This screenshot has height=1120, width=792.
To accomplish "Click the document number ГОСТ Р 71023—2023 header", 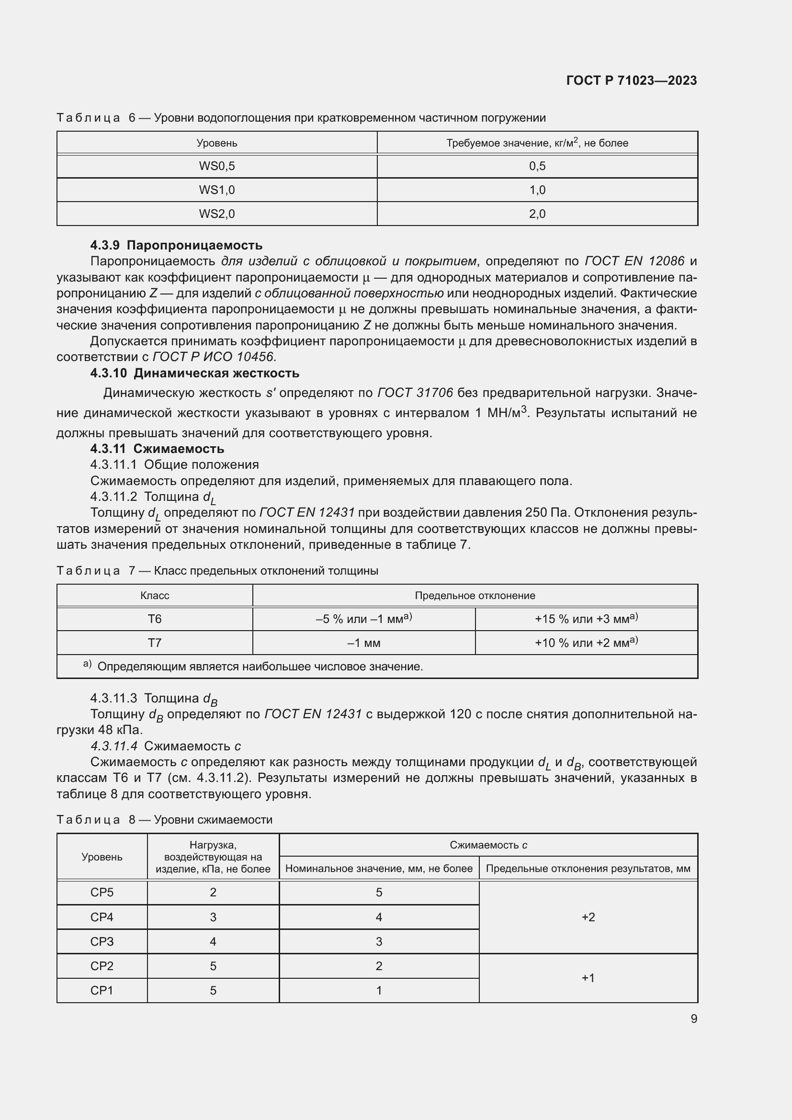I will point(631,80).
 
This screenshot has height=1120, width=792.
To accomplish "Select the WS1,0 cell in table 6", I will point(216,190).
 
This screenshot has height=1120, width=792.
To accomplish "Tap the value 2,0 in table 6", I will point(537,214).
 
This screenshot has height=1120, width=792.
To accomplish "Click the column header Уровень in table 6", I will point(216,143).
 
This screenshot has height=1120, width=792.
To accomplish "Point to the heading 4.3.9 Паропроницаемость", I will point(176,245).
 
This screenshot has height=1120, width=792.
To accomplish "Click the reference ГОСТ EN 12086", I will point(634,261).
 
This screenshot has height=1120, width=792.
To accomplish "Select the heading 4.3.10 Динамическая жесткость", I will point(194,373).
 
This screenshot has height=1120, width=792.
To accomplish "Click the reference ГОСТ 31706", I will point(415,392).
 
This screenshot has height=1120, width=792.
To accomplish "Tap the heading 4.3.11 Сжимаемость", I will point(157,448).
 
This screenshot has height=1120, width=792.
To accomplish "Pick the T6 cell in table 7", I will point(155,619).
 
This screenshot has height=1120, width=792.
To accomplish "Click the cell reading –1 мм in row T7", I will point(363,643).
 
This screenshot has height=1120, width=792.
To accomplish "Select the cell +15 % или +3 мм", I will point(586,619).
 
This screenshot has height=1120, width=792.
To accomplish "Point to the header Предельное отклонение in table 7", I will point(475,595).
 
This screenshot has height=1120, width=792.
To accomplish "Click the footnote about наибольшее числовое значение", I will point(260,667).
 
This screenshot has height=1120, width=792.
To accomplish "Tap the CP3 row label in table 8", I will point(102,941).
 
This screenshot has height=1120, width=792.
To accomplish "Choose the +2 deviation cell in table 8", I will point(588,917).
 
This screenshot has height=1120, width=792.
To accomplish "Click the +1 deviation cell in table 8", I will point(588,978).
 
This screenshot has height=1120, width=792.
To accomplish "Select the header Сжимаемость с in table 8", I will point(488,845).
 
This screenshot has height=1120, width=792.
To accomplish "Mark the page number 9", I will point(693,1018).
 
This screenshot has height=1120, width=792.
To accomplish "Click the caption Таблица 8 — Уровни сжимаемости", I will point(164,819).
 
